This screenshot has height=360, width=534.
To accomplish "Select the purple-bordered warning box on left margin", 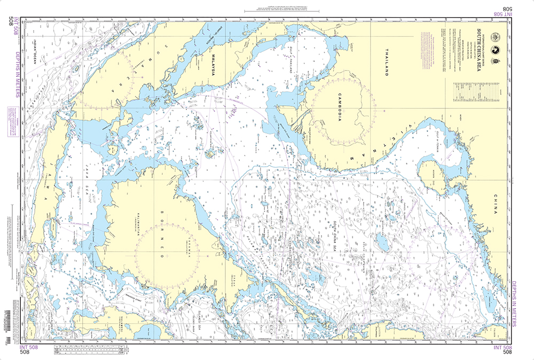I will [x=11, y=115].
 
